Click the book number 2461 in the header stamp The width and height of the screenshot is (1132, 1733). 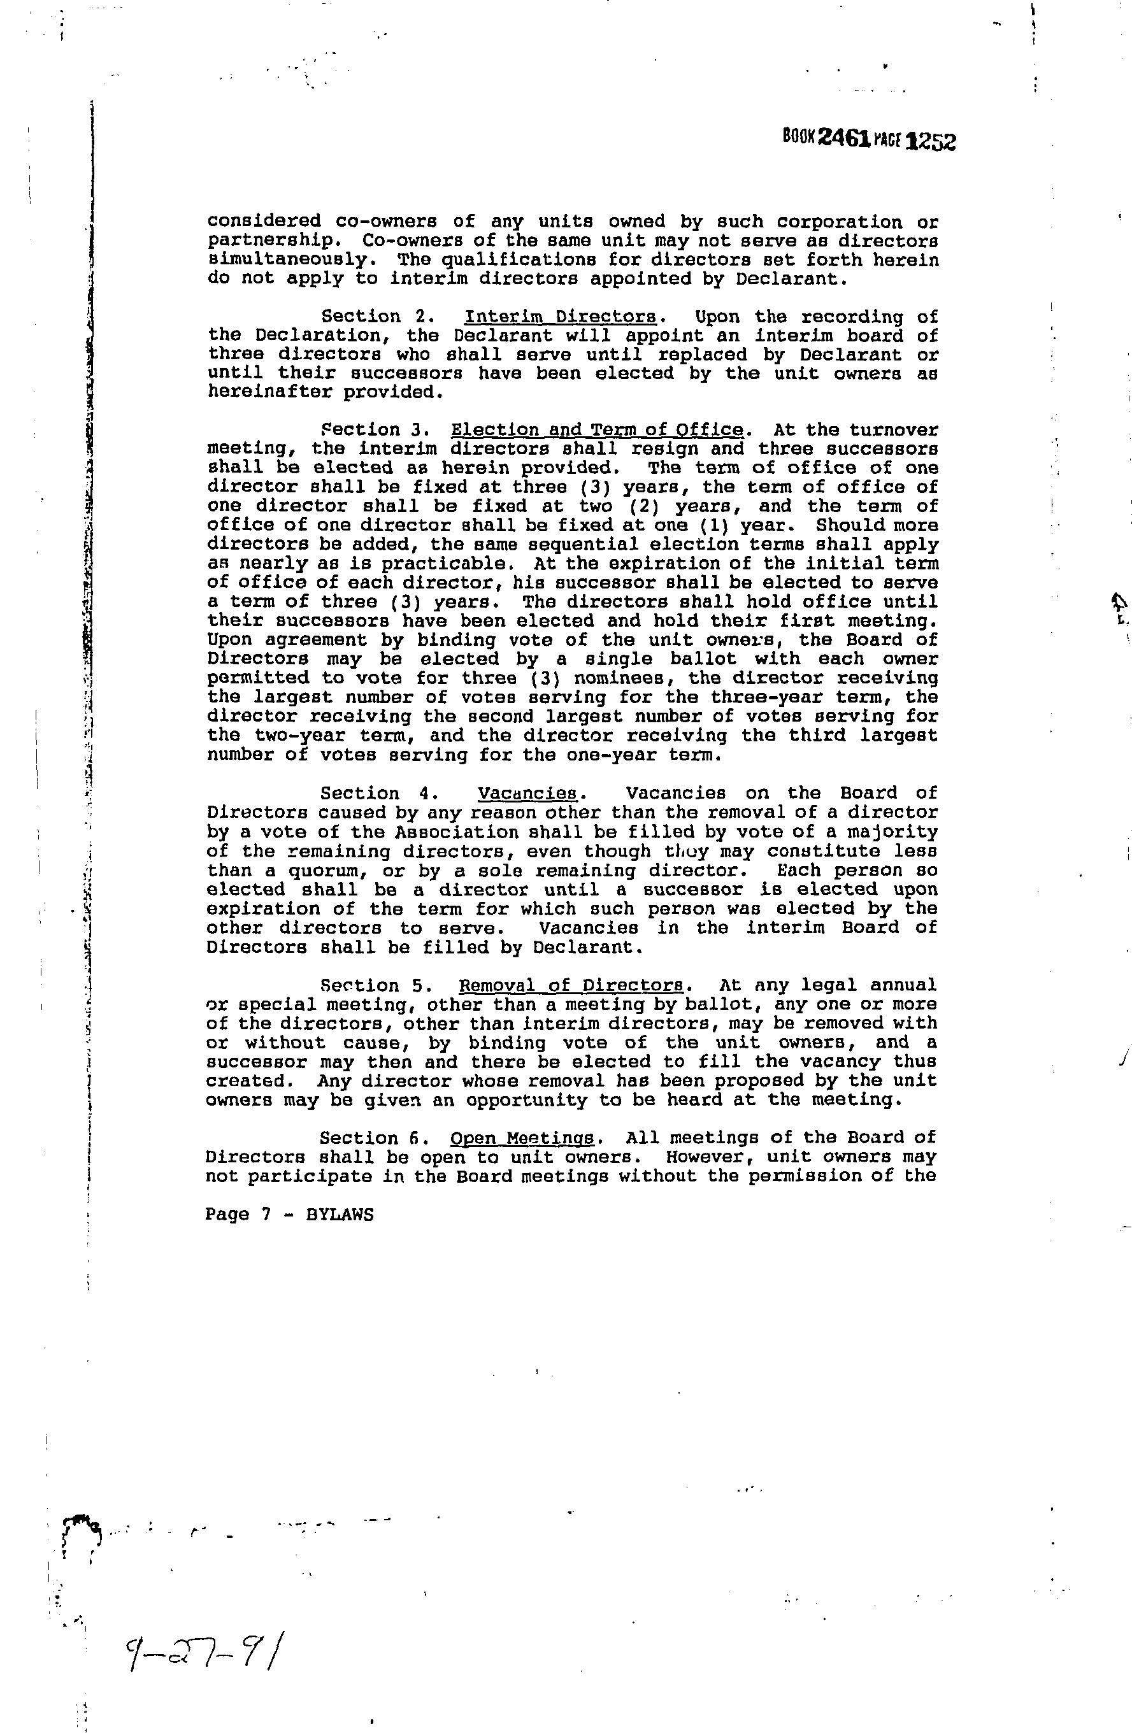tap(844, 138)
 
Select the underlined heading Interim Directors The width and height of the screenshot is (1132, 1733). tap(560, 317)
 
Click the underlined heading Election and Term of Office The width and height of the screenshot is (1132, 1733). tap(598, 431)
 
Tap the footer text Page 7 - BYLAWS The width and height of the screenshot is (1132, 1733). tap(289, 1215)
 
